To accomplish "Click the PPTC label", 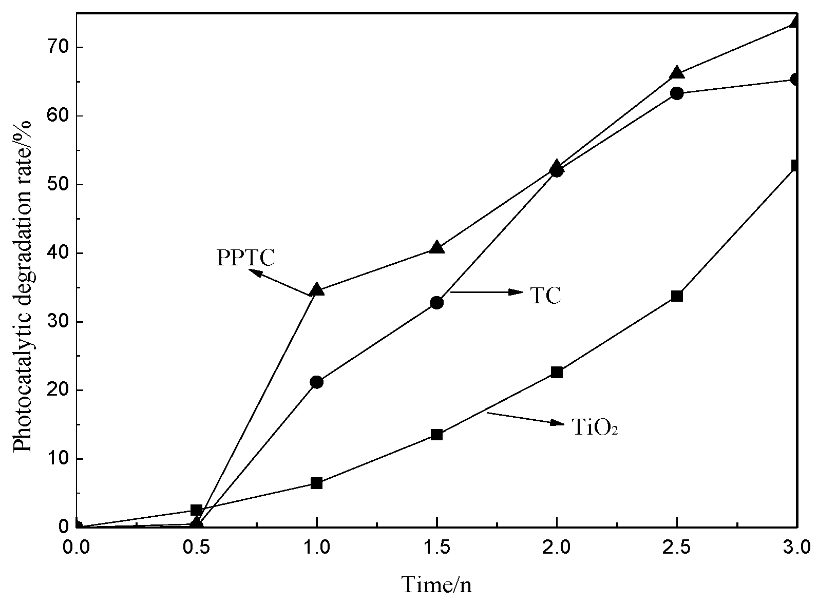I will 245,258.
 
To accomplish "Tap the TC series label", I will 545,296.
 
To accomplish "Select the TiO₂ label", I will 594,427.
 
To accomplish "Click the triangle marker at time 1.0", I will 317,290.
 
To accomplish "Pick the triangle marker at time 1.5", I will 436,247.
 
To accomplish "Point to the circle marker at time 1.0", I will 317,382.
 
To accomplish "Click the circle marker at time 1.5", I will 436,302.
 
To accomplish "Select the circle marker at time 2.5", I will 677,93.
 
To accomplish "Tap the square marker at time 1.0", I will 317,483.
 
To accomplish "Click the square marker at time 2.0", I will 557,372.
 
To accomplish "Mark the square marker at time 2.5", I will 677,296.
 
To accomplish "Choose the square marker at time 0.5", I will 196,510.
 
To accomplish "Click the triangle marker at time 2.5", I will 677,72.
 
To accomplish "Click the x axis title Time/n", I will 436,584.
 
